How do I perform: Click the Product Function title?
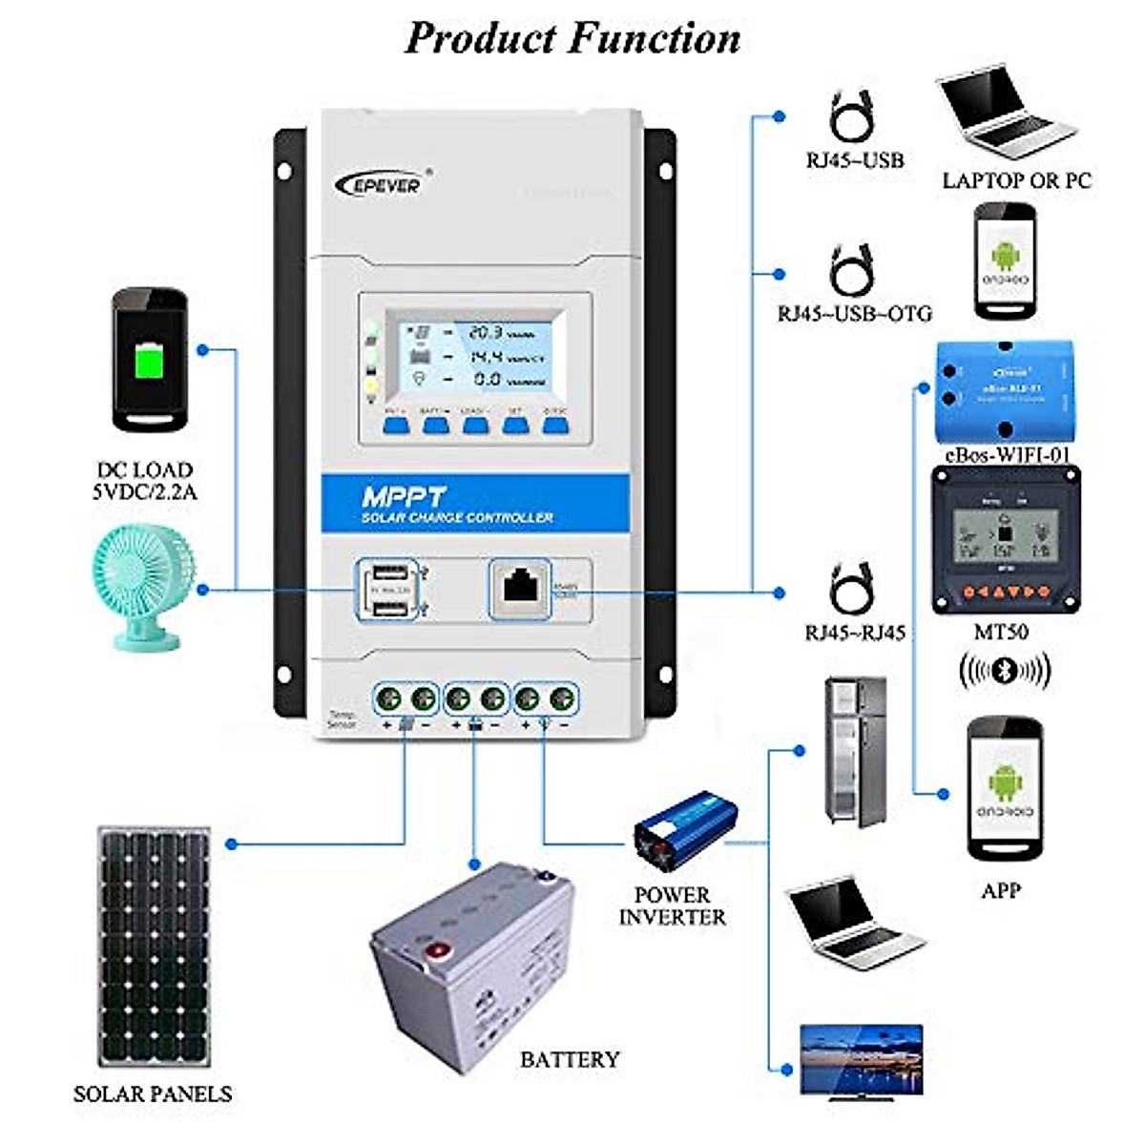point(572,38)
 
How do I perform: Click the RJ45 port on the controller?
point(520,587)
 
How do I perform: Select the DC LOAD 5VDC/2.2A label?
point(145,481)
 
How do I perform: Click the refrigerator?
point(856,751)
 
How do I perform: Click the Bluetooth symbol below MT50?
point(1003,670)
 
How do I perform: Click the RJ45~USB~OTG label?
point(854,313)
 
